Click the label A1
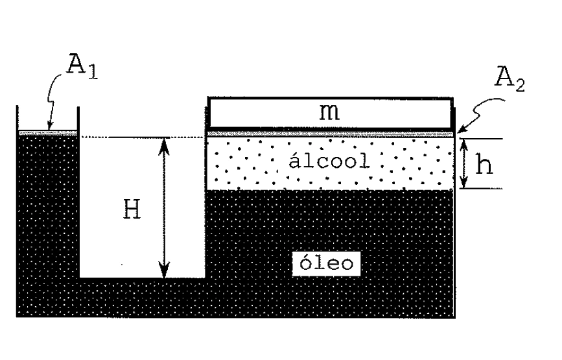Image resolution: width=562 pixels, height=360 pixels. pos(82,66)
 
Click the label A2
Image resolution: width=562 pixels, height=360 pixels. pos(509,79)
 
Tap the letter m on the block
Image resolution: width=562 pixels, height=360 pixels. pos(329,112)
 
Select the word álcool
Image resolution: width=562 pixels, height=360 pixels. pos(329,161)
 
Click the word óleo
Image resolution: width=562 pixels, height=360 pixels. pos(326,263)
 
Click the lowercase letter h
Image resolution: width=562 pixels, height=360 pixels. pos(484,165)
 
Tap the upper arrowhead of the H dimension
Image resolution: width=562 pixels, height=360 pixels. pos(164,144)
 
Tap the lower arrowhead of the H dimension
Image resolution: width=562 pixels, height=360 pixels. pos(164,271)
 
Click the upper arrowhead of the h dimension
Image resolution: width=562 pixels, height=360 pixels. pos(463,144)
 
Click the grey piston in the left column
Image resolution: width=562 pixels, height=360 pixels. pos(48,133)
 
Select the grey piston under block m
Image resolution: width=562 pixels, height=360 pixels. pos(331,134)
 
